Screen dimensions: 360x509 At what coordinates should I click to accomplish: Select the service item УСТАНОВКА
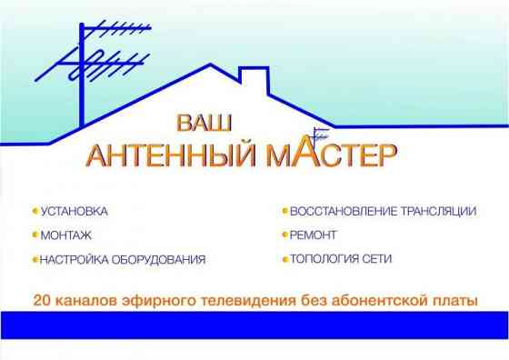coord(75,211)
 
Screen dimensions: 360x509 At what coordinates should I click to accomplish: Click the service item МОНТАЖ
coord(65,235)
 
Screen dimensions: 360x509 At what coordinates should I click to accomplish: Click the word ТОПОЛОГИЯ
coord(324,259)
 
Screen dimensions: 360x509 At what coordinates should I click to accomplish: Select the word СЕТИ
coord(377,259)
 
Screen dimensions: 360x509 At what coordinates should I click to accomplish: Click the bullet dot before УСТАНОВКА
coord(35,211)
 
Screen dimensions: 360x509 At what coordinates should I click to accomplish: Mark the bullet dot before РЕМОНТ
coord(284,235)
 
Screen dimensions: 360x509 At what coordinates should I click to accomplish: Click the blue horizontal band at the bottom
coord(254,324)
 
